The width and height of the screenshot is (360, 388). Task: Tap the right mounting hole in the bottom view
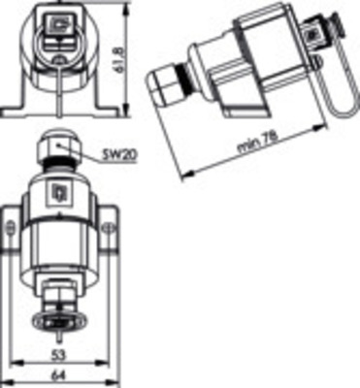109,229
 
